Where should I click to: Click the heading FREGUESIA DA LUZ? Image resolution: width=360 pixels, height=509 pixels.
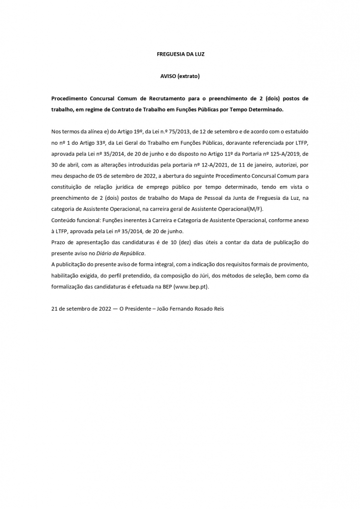pyautogui.click(x=180, y=54)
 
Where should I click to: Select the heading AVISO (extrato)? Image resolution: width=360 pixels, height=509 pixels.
pyautogui.click(x=180, y=77)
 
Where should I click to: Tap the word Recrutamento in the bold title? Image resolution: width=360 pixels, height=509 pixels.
pyautogui.click(x=151, y=98)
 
